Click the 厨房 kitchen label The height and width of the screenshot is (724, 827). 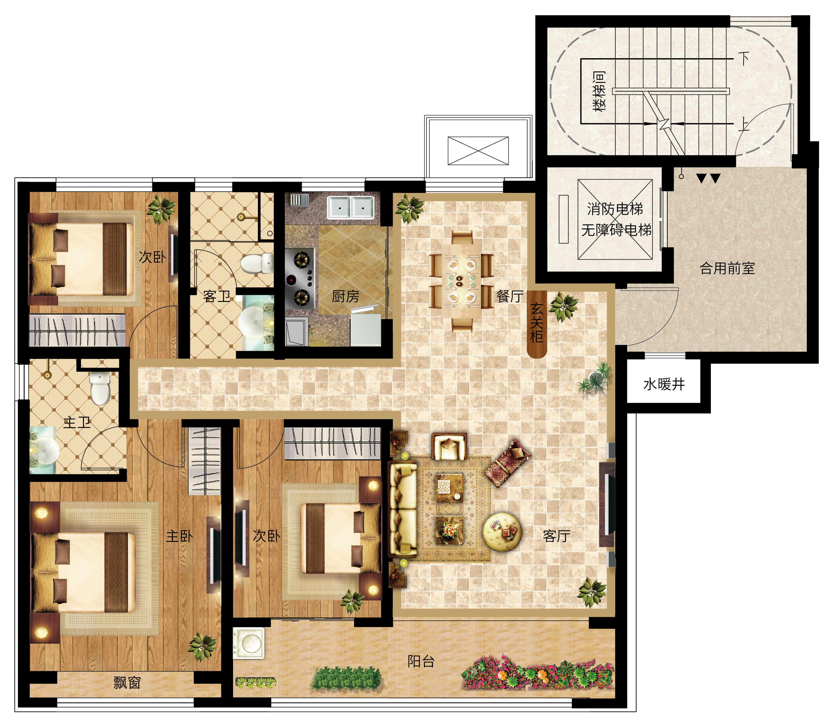coord(345,296)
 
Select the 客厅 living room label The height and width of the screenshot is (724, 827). coord(557,536)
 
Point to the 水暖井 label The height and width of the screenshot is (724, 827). coord(664,384)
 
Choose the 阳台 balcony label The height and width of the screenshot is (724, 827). coord(421,661)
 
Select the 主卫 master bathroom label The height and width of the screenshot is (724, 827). coord(77,423)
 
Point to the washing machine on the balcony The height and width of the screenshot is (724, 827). coord(249,643)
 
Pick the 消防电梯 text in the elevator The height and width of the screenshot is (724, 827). coord(615,209)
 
